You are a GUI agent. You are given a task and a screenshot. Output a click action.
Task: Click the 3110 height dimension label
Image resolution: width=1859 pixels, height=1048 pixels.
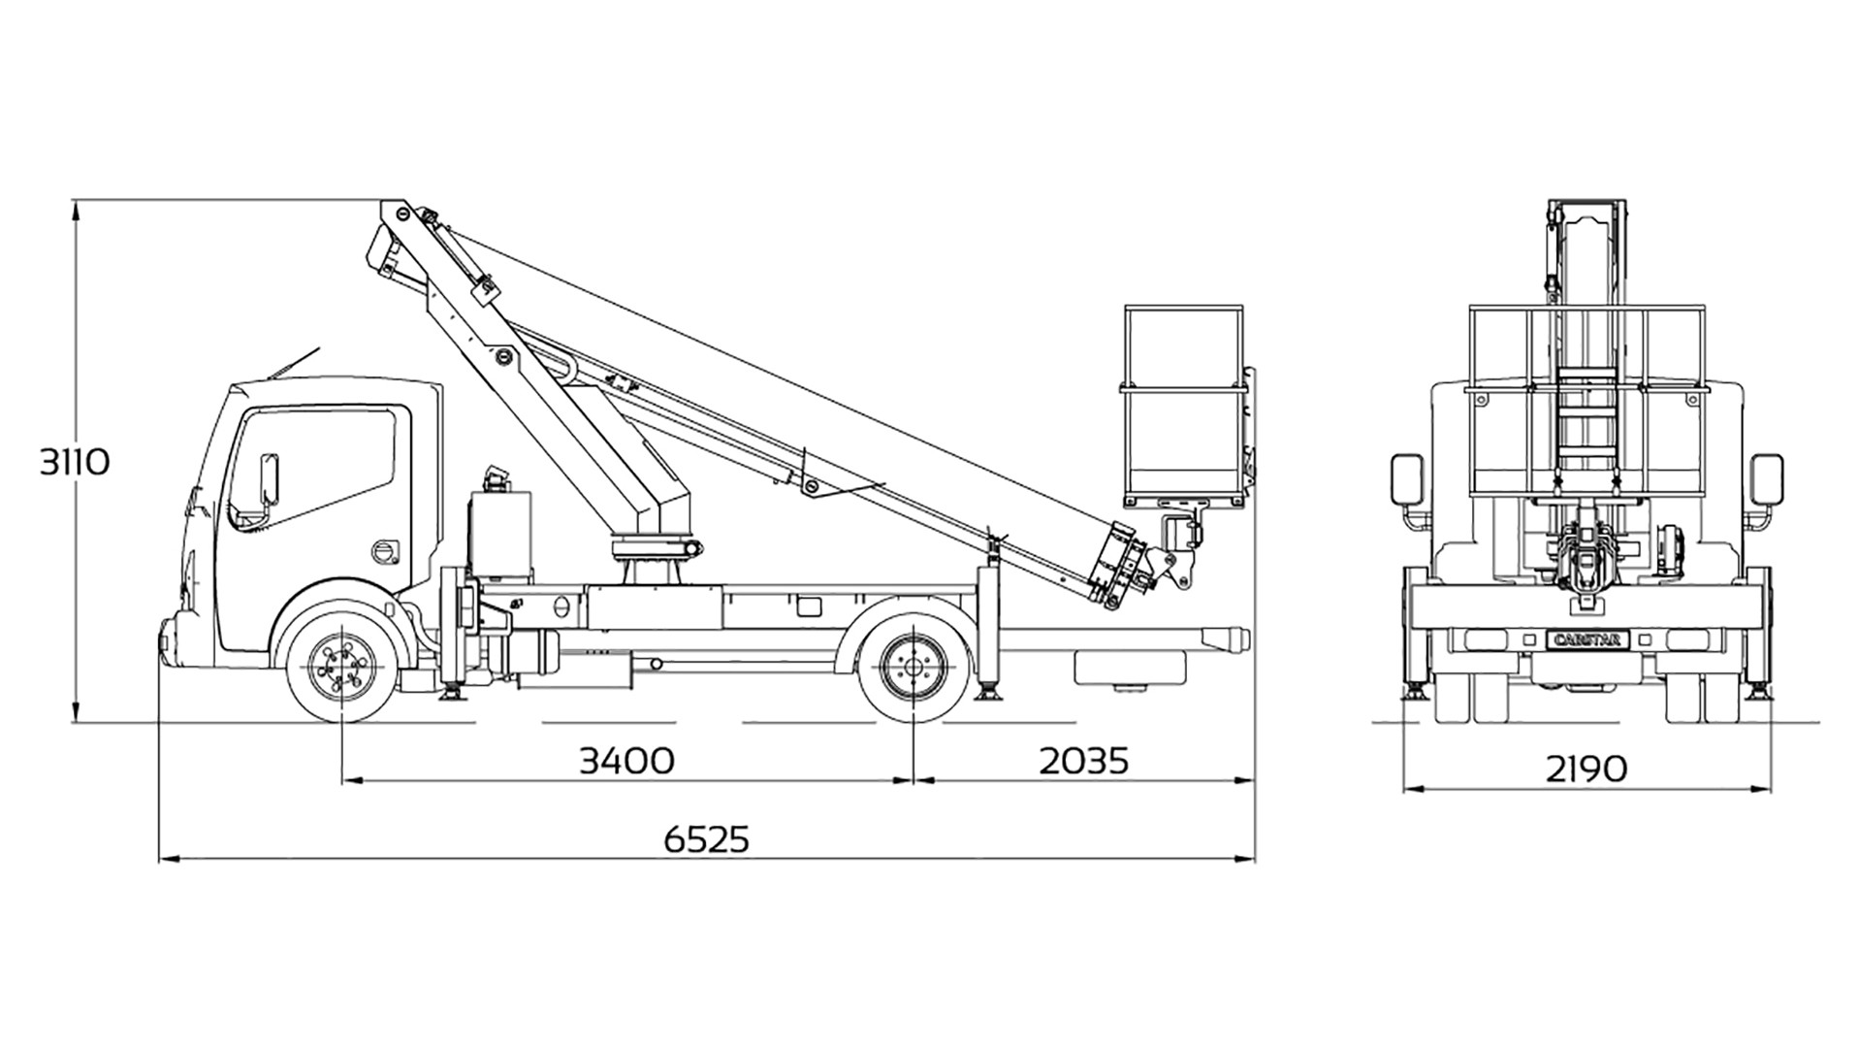[75, 462]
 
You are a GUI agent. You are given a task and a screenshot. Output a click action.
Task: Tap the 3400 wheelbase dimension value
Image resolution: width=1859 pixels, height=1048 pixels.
[626, 761]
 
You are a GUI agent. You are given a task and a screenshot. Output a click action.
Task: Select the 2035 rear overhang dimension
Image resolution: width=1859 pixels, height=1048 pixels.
[1084, 761]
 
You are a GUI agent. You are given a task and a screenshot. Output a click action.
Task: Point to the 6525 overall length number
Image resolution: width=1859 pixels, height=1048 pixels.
[707, 839]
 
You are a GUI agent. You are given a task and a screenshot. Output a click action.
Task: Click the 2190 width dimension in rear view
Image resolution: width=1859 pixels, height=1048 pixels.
[1587, 770]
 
